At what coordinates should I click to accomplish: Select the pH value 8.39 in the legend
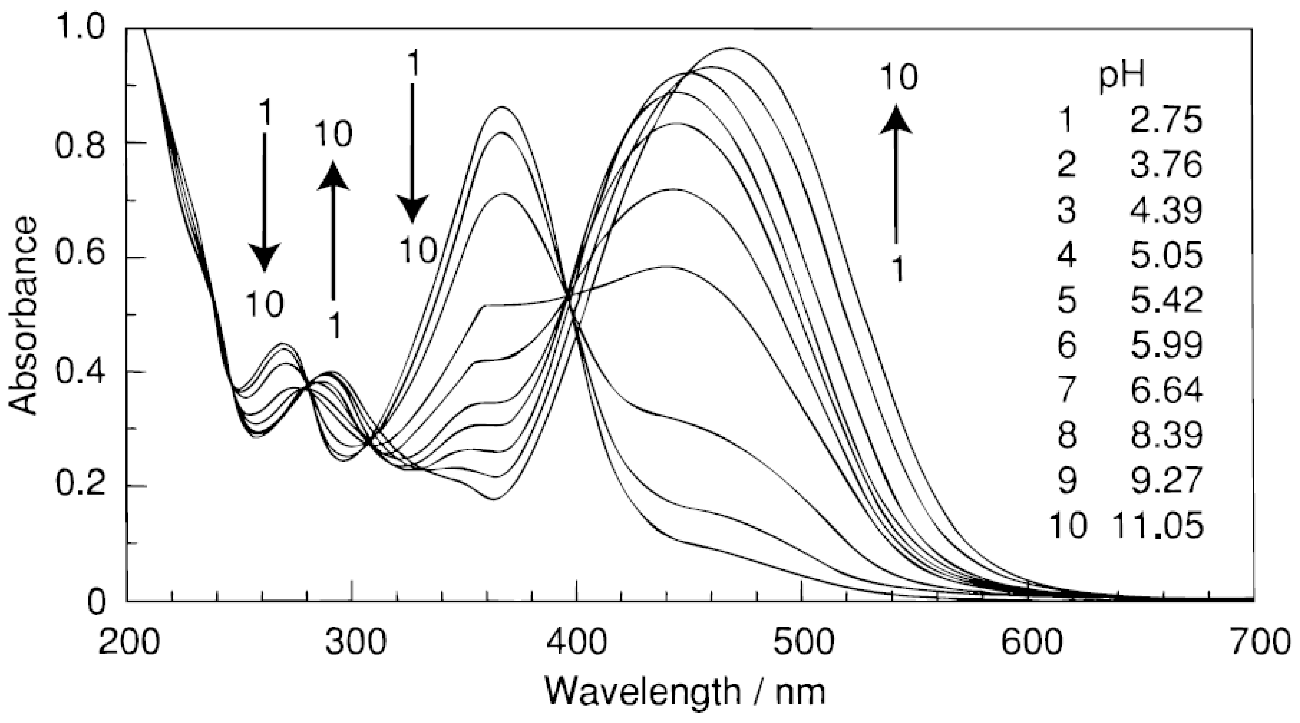[1166, 436]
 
